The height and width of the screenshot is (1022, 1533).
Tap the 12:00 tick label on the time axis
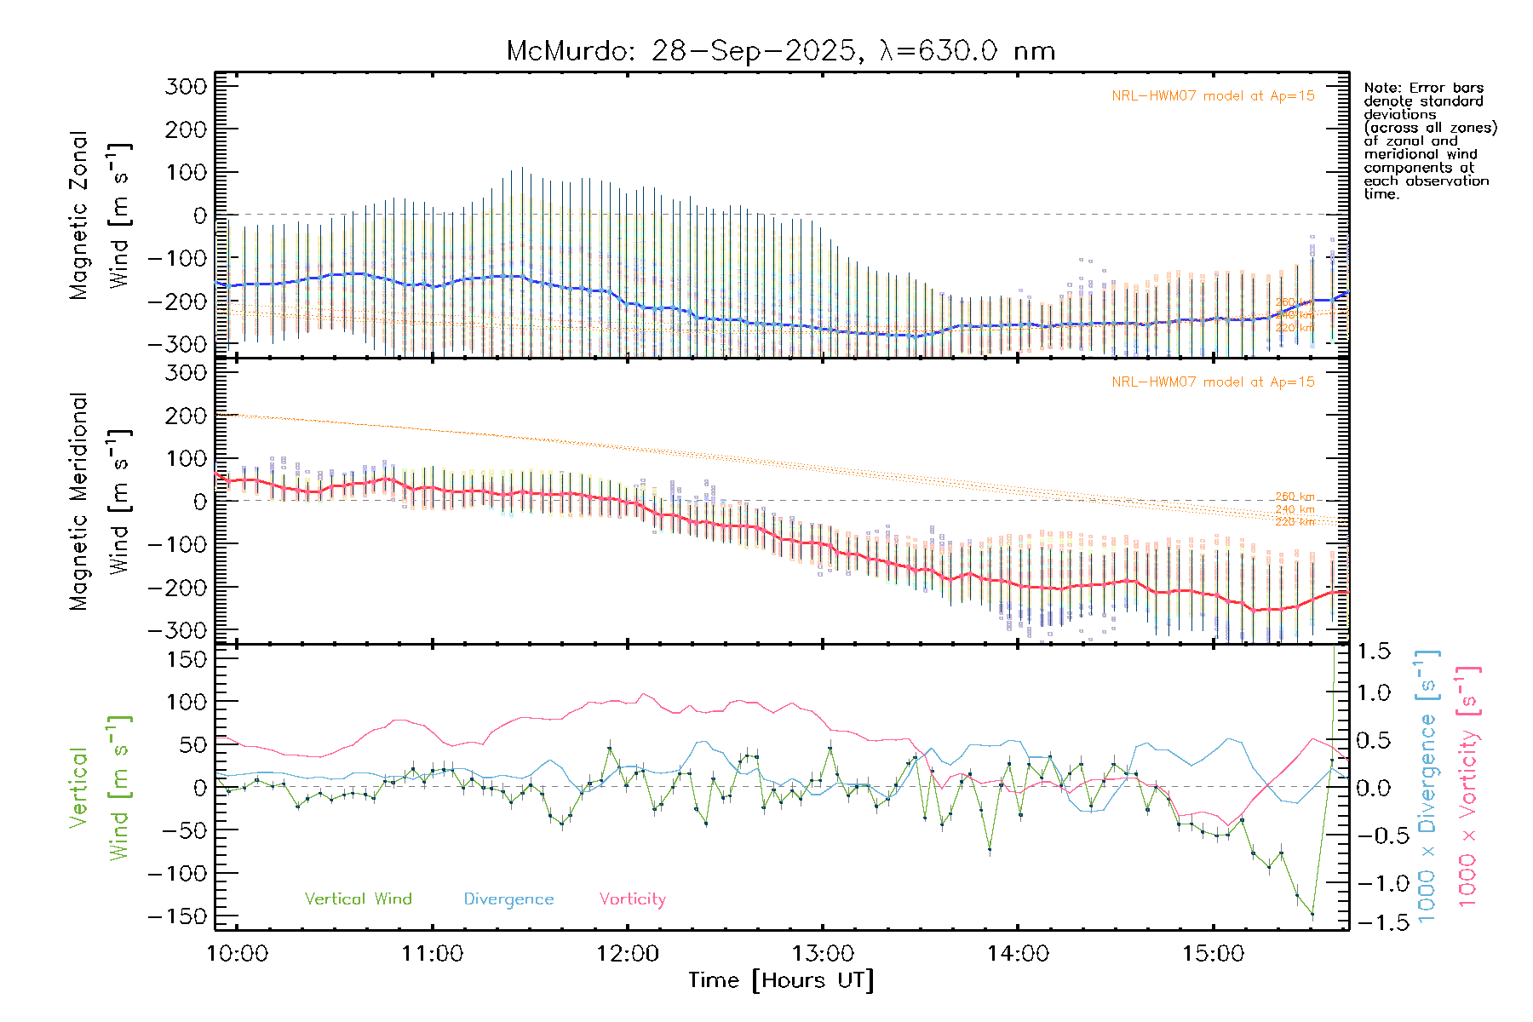[x=628, y=954]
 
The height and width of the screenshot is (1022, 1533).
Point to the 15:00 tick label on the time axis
[x=1213, y=954]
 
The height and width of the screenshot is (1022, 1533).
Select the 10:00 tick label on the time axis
[x=238, y=954]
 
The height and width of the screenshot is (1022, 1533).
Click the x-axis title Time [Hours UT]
[x=781, y=980]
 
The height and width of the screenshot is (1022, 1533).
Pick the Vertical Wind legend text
[x=358, y=899]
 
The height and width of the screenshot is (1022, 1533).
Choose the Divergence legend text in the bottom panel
[x=508, y=899]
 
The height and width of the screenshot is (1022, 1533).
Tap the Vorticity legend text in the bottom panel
[x=632, y=899]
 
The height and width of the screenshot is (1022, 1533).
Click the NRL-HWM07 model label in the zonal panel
[x=1213, y=96]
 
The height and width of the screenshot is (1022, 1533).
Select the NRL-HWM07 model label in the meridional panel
[x=1213, y=382]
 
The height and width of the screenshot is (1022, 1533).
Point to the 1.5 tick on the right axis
[x=1373, y=652]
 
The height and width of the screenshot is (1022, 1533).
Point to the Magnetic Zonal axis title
[x=79, y=215]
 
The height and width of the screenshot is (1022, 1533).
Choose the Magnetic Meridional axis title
[x=79, y=502]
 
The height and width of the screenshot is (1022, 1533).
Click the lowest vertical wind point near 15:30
[x=1312, y=915]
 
